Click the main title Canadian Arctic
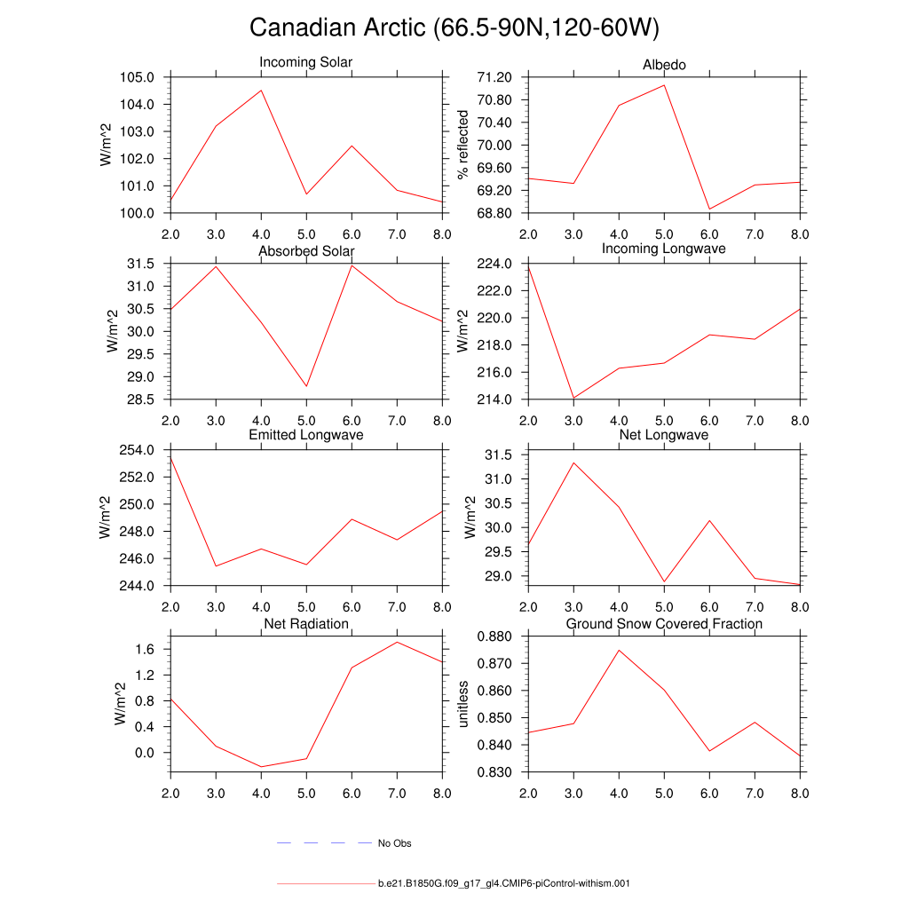[x=454, y=28]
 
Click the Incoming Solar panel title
[x=305, y=62]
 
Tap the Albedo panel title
[x=664, y=65]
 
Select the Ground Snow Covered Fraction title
[x=664, y=624]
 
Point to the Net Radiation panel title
[x=305, y=624]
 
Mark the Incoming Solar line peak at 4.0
[x=261, y=90]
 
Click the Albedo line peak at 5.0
[x=664, y=85]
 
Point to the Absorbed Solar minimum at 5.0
[x=306, y=386]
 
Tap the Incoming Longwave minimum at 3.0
[x=573, y=398]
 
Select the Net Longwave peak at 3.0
[x=573, y=462]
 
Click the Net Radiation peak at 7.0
[x=397, y=642]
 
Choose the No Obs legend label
[x=394, y=843]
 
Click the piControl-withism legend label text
[x=503, y=884]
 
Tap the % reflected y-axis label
[x=462, y=145]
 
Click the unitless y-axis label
[x=462, y=704]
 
